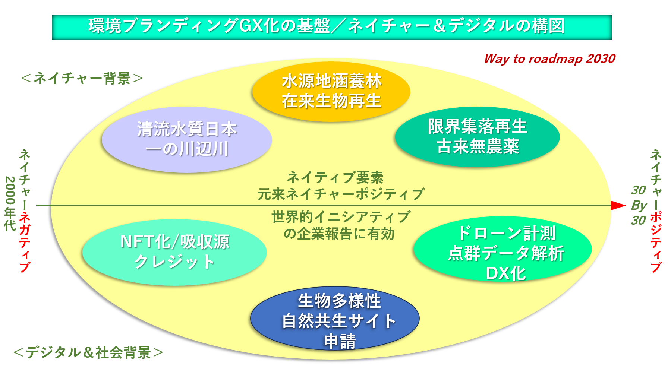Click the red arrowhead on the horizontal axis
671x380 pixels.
click(619, 205)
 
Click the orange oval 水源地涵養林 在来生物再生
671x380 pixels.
click(331, 91)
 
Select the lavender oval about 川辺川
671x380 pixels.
click(186, 139)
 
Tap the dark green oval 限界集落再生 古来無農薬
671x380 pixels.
click(477, 136)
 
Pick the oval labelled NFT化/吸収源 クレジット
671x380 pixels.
click(174, 252)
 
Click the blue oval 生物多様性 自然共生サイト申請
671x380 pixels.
click(335, 319)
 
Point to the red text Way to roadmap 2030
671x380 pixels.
click(549, 59)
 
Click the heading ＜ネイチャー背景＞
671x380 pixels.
click(82, 78)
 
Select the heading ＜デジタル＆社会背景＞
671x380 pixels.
click(88, 352)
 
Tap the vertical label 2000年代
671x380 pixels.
click(10, 203)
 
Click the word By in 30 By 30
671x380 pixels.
click(639, 205)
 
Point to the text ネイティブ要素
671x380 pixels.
click(335, 177)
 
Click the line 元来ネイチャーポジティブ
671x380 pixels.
click(341, 194)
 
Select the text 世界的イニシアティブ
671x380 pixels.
click(341, 217)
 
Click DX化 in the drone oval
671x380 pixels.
click(506, 273)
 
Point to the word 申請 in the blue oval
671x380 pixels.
click(340, 341)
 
